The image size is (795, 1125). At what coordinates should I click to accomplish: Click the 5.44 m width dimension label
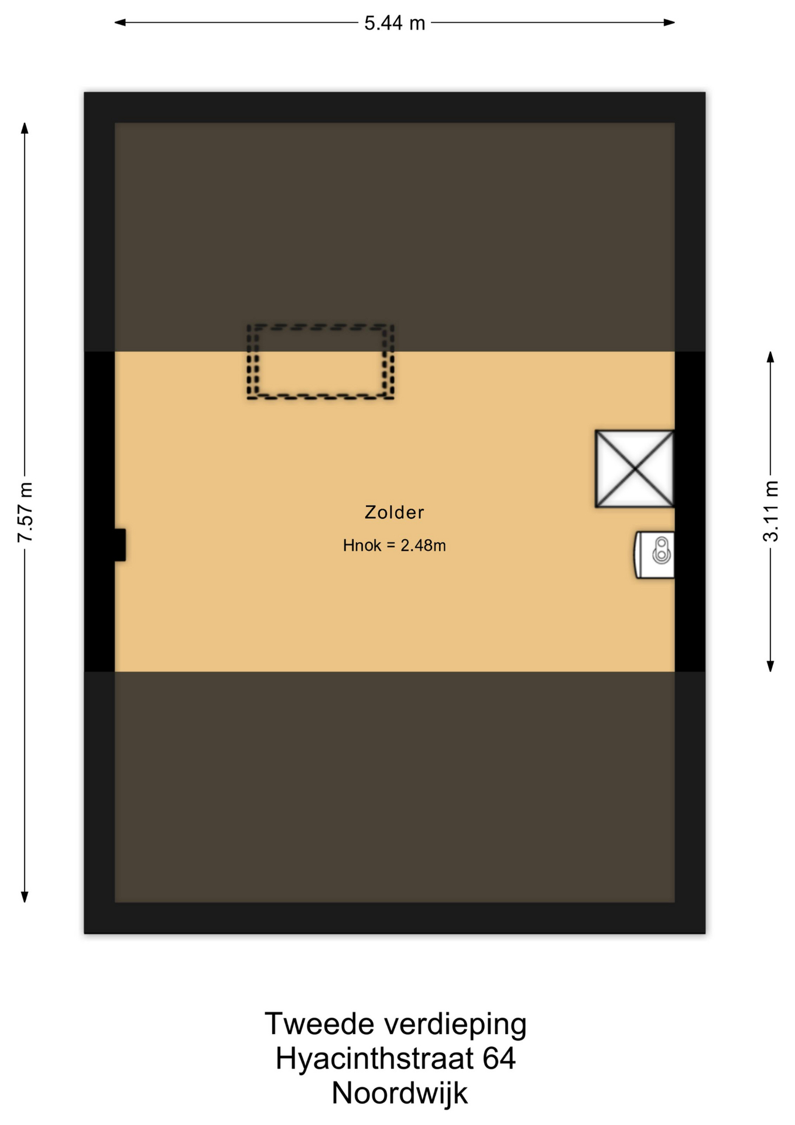395,23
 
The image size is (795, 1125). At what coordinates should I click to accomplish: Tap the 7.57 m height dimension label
25,512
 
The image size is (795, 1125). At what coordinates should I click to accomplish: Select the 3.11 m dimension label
770,511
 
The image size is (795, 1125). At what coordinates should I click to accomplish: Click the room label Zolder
394,512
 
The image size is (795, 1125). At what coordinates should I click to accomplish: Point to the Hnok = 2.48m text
394,546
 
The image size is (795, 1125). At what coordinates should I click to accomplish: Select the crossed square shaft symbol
635,469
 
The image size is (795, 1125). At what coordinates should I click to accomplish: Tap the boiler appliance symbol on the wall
654,555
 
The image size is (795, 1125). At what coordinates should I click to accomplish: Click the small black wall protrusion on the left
120,545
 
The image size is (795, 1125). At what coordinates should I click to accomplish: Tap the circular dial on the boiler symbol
662,554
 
